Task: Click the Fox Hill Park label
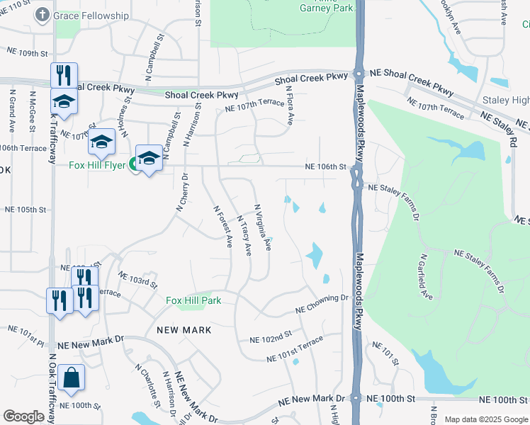coord(193,300)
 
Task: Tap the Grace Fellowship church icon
coord(42,15)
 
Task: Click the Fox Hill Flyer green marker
coord(132,166)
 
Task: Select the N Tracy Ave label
coord(244,235)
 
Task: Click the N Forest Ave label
coord(224,226)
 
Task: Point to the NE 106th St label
coord(325,167)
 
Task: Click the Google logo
coord(24,416)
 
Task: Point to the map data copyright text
coord(486,419)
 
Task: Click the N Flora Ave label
coord(289,106)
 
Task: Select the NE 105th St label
coord(25,210)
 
